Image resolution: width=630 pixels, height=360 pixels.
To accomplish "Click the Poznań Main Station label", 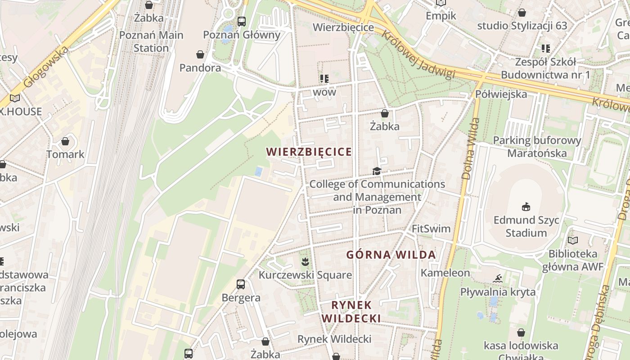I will pyautogui.click(x=151, y=41).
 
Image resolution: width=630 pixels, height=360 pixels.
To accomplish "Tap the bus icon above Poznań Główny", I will pyautogui.click(x=242, y=21).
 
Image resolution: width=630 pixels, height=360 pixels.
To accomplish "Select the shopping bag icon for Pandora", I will pyautogui.click(x=200, y=55).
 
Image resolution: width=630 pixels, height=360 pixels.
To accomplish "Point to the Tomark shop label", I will pyautogui.click(x=65, y=154).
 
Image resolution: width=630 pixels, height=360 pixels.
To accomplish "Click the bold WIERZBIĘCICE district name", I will pyautogui.click(x=309, y=152).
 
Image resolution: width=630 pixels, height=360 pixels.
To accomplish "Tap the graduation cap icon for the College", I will pyautogui.click(x=377, y=171).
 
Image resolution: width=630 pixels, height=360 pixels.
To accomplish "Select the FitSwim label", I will pyautogui.click(x=431, y=229).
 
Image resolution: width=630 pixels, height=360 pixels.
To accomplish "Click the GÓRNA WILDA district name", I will pyautogui.click(x=391, y=255).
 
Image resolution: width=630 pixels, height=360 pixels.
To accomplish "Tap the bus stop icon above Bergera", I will pyautogui.click(x=241, y=284).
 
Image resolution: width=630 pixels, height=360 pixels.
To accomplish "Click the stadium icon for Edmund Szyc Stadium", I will pyautogui.click(x=526, y=207).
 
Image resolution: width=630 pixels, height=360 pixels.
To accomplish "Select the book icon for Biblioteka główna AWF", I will pyautogui.click(x=572, y=241).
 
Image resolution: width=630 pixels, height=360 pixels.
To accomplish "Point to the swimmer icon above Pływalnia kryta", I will pyautogui.click(x=497, y=279).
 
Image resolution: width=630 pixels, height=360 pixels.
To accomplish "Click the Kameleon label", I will pyautogui.click(x=445, y=273).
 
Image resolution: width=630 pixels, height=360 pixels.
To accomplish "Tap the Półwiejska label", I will pyautogui.click(x=501, y=94).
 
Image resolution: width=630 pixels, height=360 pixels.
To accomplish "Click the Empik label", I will pyautogui.click(x=441, y=16).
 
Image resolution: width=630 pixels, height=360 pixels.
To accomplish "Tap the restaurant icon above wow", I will pyautogui.click(x=324, y=79).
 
